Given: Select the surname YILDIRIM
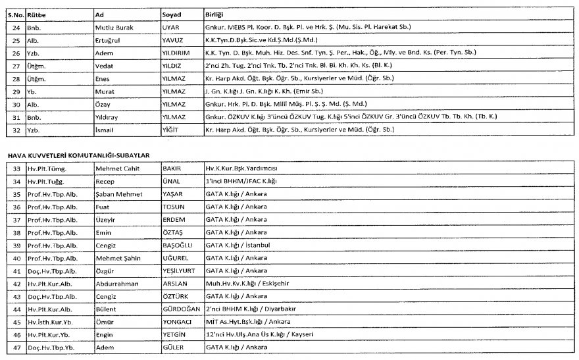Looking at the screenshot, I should [176, 53].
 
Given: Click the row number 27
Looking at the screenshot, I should [16, 66].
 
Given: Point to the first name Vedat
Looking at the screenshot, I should [105, 66].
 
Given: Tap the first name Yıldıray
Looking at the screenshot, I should [109, 117].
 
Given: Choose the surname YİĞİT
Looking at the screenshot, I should [170, 130].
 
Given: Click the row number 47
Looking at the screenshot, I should [16, 347].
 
